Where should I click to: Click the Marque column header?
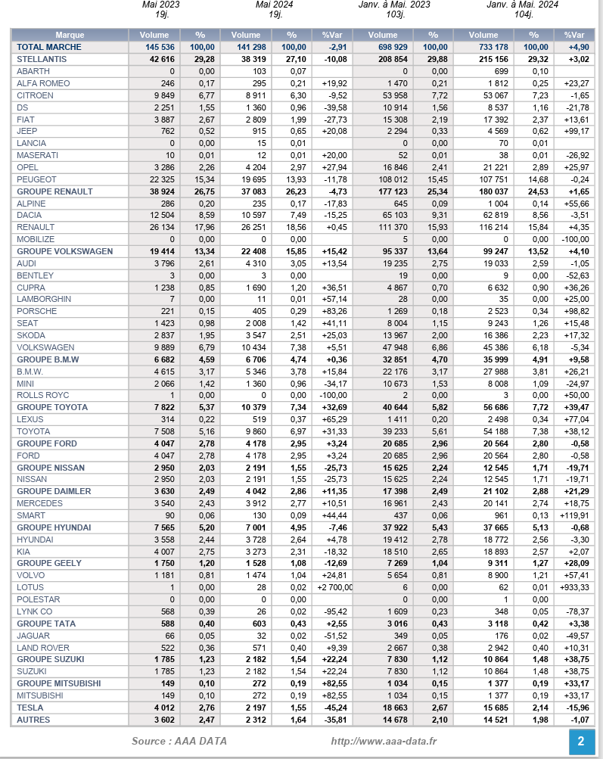[x=70, y=35]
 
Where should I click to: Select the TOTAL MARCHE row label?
[x=50, y=47]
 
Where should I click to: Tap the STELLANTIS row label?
[x=42, y=59]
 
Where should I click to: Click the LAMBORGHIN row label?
[x=44, y=299]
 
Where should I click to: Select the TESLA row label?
[x=30, y=708]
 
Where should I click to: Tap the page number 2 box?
[x=580, y=741]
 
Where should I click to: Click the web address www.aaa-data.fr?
[x=384, y=741]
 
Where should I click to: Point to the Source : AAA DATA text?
[x=179, y=741]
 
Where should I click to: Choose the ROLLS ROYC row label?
[x=43, y=395]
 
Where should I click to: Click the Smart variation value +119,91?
[x=571, y=515]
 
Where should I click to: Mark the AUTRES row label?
[x=33, y=720]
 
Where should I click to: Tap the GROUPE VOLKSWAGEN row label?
[x=64, y=251]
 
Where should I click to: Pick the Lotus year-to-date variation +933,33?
[x=573, y=587]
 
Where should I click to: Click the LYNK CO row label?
[x=35, y=611]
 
